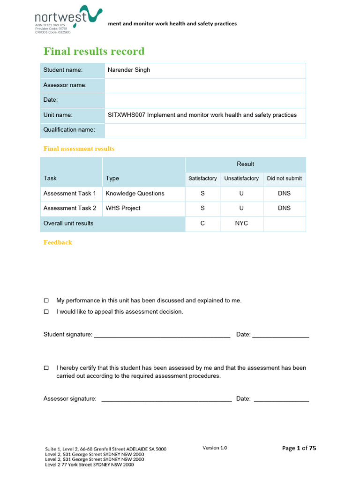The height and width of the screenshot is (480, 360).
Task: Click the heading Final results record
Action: click(x=94, y=51)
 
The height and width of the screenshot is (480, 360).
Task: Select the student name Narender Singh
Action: click(x=129, y=70)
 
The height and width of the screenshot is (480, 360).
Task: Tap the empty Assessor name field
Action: click(x=205, y=85)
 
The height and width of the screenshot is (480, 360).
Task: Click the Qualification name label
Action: click(x=69, y=130)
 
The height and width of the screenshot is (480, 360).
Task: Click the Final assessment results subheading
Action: click(x=79, y=149)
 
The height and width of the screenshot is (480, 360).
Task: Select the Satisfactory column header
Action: click(x=202, y=179)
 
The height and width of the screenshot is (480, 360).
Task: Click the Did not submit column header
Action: click(x=284, y=179)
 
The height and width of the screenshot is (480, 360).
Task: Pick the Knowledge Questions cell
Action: click(x=135, y=193)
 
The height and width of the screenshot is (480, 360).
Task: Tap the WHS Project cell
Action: click(x=123, y=208)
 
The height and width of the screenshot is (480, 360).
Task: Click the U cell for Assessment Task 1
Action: click(x=241, y=193)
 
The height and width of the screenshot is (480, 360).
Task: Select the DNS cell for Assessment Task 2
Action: click(x=284, y=208)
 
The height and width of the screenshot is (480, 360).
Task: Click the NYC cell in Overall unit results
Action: click(x=241, y=223)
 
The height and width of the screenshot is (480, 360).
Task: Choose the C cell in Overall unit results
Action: click(x=202, y=223)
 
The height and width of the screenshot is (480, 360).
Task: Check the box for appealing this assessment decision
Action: click(x=46, y=312)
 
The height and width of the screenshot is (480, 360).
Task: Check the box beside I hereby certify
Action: click(x=46, y=368)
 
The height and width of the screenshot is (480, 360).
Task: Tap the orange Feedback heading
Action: click(x=58, y=242)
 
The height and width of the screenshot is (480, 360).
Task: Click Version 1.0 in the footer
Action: click(x=215, y=448)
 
